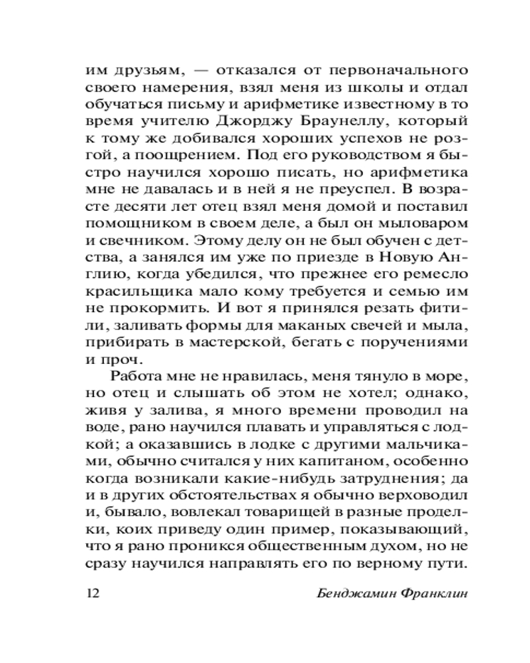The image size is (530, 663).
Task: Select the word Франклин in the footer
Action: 433,593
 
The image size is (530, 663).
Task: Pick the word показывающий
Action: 411,531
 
